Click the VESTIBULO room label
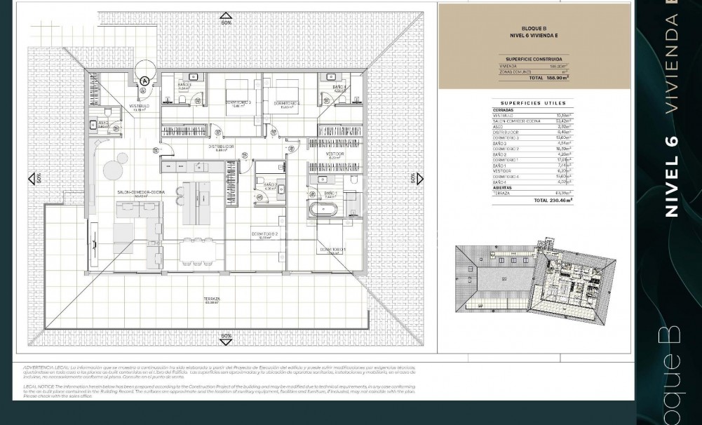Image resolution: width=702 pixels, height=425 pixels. click(140, 107)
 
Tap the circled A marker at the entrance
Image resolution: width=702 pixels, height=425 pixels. click(145, 81)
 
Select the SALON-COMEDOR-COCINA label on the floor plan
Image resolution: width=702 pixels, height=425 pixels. click(141, 192)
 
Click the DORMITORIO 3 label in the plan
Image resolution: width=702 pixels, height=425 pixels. click(238, 103)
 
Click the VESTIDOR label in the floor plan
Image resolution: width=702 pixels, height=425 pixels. click(335, 154)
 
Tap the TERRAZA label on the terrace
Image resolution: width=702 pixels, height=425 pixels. click(212, 299)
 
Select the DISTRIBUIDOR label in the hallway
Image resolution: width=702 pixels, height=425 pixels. click(221, 147)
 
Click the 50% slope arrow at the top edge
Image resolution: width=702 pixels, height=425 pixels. click(226, 18)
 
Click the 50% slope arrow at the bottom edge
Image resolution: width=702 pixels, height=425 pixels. click(226, 339)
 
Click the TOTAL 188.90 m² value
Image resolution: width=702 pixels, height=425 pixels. click(549, 79)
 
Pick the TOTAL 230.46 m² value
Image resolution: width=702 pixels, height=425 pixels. click(553, 201)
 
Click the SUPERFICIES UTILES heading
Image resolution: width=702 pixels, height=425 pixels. click(533, 103)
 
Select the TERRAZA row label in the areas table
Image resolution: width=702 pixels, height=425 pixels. click(501, 193)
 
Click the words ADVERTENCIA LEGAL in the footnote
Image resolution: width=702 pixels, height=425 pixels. click(46, 367)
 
